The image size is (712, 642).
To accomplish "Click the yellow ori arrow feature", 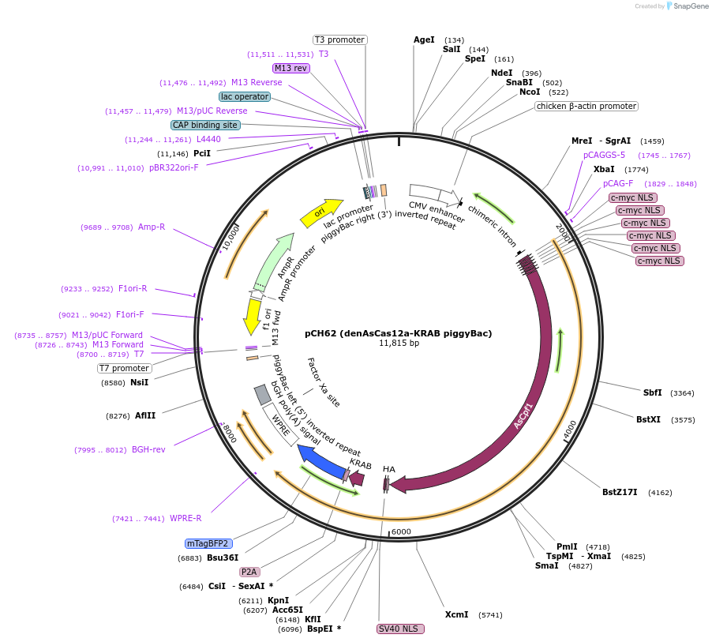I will [x=320, y=212].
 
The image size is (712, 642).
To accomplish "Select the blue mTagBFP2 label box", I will [x=208, y=543].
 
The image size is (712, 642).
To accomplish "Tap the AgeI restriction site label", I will [x=424, y=39].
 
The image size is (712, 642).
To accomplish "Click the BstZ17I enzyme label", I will [x=620, y=492].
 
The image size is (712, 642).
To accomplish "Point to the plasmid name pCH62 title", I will [x=398, y=333].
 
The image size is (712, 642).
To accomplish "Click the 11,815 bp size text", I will [x=399, y=344].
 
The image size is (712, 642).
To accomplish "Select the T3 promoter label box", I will [x=339, y=39].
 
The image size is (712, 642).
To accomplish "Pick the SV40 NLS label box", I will [x=400, y=629].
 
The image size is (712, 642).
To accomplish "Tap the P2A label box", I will [x=249, y=572].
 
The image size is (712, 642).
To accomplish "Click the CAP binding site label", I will [x=205, y=125].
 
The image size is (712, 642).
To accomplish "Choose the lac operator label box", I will [x=245, y=96].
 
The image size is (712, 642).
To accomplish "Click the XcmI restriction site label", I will [x=456, y=614].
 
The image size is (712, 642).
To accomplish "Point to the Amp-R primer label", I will [x=152, y=227].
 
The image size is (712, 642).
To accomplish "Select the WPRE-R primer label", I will [x=185, y=518].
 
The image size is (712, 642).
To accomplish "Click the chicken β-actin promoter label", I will [x=586, y=106].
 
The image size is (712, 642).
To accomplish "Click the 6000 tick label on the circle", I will [x=402, y=531].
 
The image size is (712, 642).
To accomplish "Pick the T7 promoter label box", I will [x=125, y=368].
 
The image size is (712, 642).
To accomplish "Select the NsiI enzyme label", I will [x=140, y=382].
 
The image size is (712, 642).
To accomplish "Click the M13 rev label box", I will [x=290, y=68].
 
